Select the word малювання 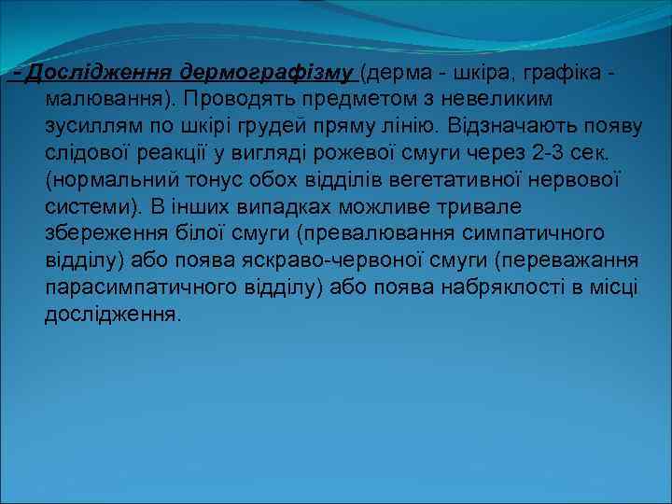105,97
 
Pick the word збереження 104,232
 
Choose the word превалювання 373,232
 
